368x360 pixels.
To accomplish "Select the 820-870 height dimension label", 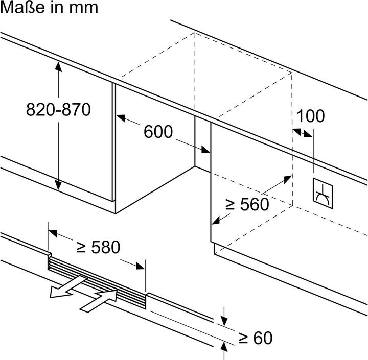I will (58, 109).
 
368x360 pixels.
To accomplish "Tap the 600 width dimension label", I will (158, 132).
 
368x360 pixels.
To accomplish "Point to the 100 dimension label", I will (310, 116).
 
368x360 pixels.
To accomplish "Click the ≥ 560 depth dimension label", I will (247, 204).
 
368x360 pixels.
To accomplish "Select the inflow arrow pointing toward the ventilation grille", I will (100, 300).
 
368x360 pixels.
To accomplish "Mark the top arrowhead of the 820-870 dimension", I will (59, 66).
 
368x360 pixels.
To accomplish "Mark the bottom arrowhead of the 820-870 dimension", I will (59, 185).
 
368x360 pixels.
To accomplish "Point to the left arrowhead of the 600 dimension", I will (121, 119).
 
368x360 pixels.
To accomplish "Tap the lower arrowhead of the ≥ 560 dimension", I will (215, 221).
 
